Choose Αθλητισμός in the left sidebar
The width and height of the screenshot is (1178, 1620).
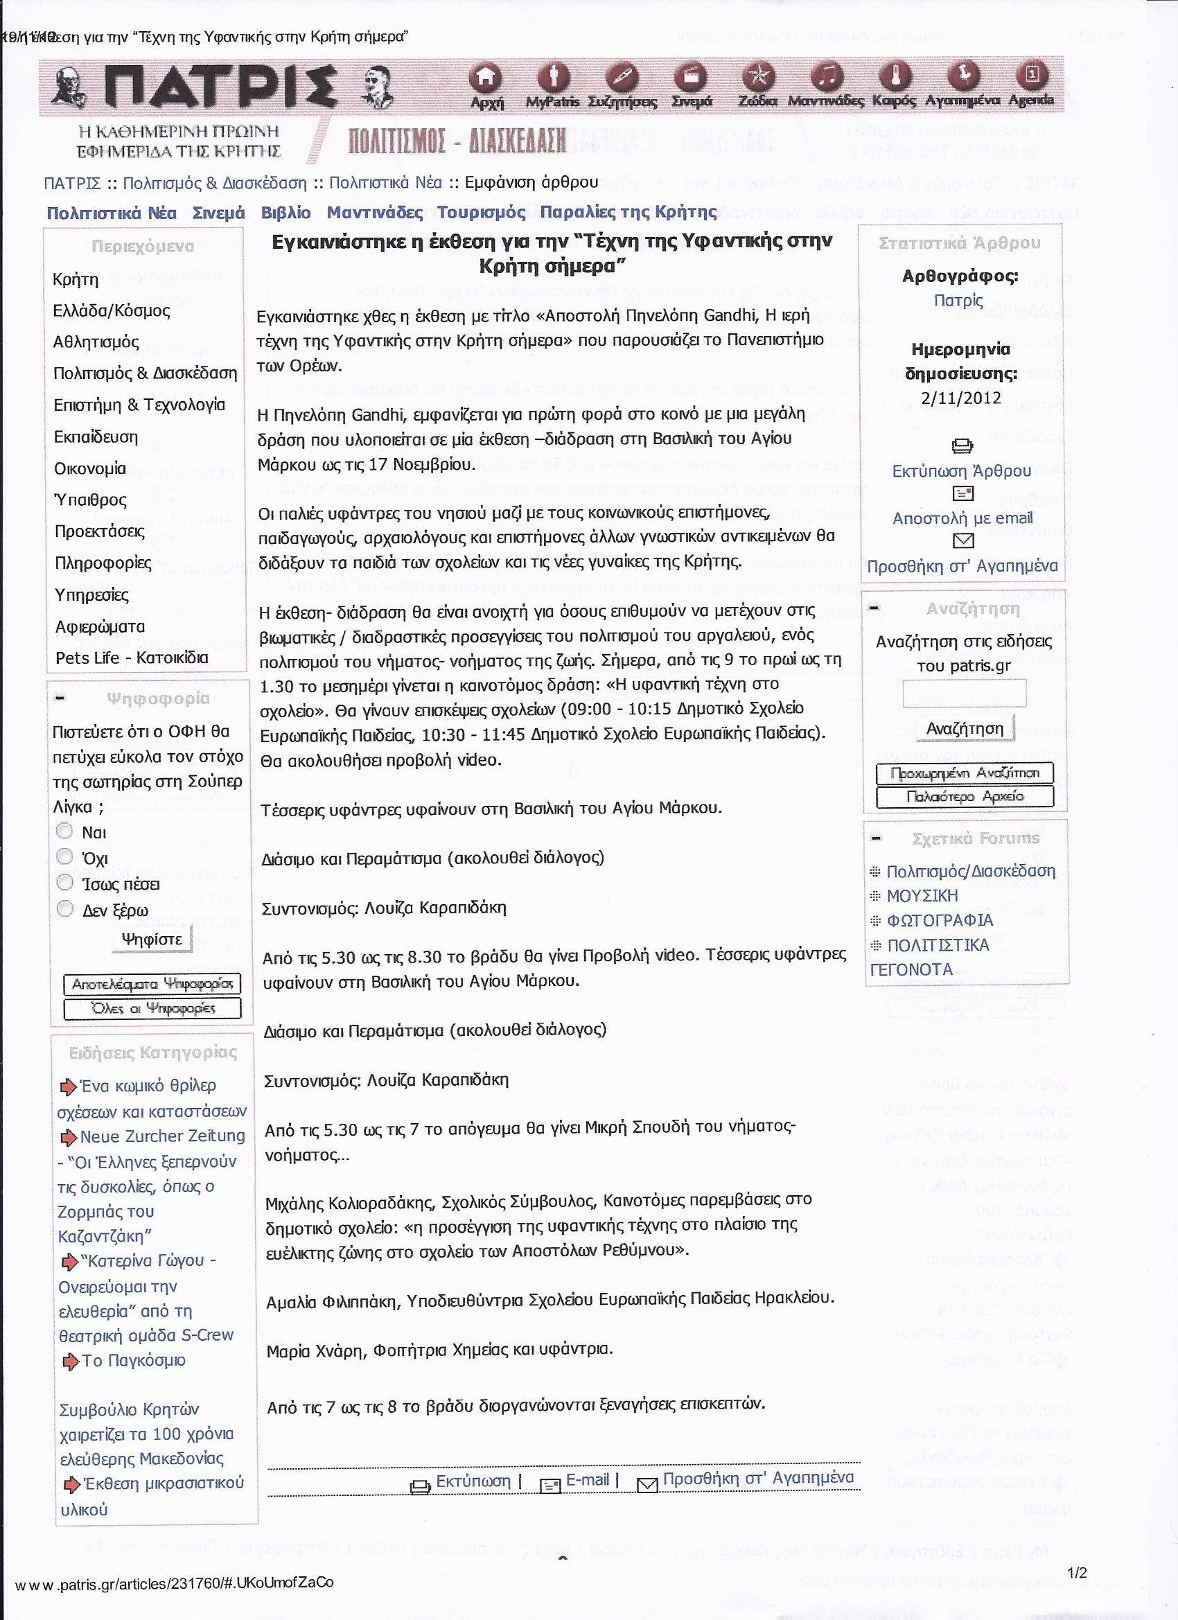(x=96, y=342)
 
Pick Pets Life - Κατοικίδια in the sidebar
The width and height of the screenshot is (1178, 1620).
(x=132, y=658)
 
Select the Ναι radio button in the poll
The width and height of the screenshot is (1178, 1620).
(x=65, y=831)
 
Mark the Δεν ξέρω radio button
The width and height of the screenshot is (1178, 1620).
(x=65, y=908)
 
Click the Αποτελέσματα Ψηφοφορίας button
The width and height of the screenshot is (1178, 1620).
(x=152, y=985)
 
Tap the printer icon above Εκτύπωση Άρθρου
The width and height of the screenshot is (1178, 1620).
(x=962, y=446)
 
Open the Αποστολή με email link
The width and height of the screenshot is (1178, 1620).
(x=962, y=518)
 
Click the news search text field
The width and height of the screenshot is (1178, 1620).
(x=964, y=693)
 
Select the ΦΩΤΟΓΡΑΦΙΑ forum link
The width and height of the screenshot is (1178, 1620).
(x=940, y=920)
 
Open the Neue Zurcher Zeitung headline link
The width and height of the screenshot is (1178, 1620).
(x=162, y=1136)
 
